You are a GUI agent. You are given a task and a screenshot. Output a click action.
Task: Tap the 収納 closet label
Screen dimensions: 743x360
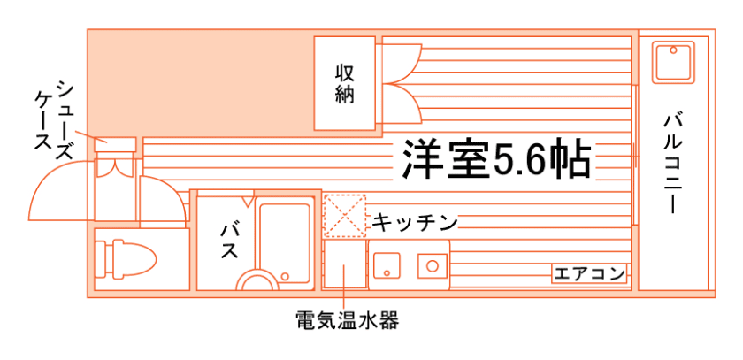pos(345,84)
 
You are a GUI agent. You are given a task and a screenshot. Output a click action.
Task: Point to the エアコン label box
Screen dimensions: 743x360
pos(590,273)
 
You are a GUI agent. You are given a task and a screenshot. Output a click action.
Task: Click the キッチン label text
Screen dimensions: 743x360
pos(414,220)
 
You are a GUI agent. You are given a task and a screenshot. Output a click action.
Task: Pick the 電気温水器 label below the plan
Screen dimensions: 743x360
pos(347,319)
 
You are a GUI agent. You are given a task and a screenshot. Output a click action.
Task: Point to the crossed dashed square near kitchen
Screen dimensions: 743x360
pos(344,215)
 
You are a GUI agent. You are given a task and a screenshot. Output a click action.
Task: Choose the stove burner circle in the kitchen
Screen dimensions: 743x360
pos(433,264)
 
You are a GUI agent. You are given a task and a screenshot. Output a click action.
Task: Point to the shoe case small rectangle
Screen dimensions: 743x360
pos(116,142)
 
